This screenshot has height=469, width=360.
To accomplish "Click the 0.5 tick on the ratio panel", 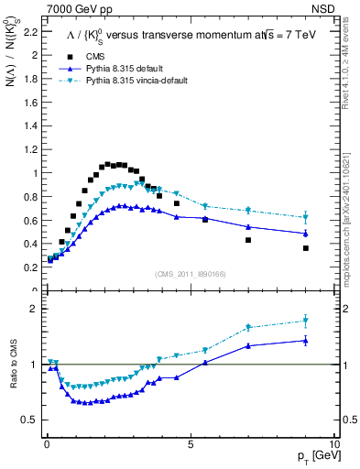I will pyautogui.click(x=29, y=420).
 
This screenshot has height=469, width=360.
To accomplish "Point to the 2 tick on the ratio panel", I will pyautogui.click(x=33, y=309).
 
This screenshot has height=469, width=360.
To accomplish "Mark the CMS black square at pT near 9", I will pyautogui.click(x=306, y=248).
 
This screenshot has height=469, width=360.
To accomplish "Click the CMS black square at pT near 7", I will pyautogui.click(x=248, y=240).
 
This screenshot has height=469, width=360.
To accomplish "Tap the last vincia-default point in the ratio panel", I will pyautogui.click(x=306, y=321).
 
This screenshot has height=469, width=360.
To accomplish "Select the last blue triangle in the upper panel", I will pyautogui.click(x=306, y=233).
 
